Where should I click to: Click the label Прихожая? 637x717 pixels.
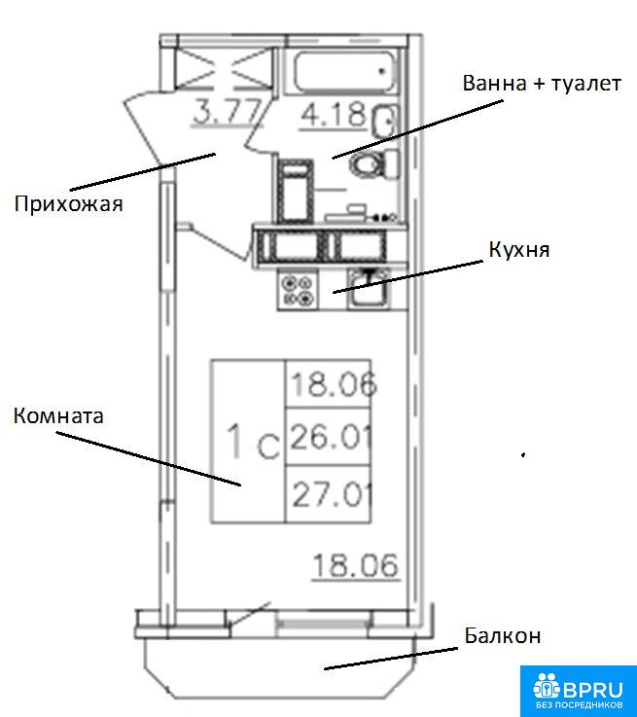(x=67, y=204)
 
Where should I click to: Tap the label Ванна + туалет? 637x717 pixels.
(x=541, y=84)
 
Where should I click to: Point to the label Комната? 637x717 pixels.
(x=58, y=416)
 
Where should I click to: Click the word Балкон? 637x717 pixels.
(x=502, y=636)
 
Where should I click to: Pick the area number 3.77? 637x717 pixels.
(x=229, y=113)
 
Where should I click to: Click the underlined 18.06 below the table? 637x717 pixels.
(x=355, y=564)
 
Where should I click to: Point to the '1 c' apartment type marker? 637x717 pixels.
(x=252, y=442)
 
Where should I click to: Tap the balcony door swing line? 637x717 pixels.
(x=247, y=614)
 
